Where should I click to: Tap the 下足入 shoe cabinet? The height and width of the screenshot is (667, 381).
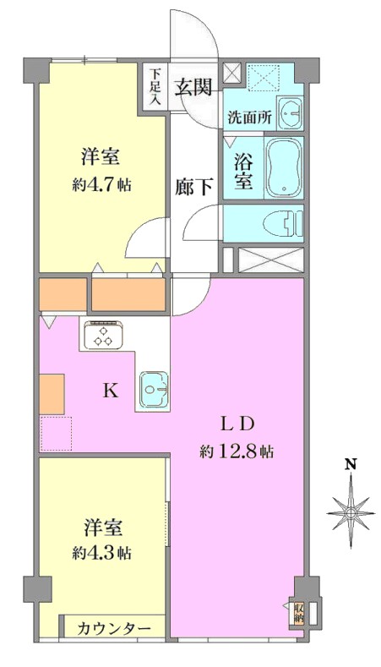[153, 89]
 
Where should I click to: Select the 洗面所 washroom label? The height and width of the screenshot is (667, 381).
[249, 117]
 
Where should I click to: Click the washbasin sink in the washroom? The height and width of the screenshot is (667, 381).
[290, 113]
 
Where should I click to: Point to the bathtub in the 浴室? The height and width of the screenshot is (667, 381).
[284, 167]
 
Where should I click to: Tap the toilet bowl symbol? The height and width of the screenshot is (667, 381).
[282, 224]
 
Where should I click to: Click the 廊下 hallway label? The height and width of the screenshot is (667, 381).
[195, 187]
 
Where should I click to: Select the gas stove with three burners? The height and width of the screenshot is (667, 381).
[104, 336]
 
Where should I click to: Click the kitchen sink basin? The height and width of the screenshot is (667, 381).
[154, 388]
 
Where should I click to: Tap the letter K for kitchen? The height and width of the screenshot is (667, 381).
[111, 391]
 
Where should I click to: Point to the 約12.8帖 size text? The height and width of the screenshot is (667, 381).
[237, 451]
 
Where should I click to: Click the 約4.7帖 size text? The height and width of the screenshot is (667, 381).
[101, 184]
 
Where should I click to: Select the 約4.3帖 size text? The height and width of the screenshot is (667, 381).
[102, 552]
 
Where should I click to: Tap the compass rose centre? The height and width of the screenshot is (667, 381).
[351, 512]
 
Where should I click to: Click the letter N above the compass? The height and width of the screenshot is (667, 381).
[351, 463]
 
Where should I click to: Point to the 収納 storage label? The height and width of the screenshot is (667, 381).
[299, 612]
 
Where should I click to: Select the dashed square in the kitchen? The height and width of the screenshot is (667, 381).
[56, 434]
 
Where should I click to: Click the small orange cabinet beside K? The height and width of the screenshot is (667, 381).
[52, 394]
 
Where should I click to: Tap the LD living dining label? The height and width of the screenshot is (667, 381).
[237, 424]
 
